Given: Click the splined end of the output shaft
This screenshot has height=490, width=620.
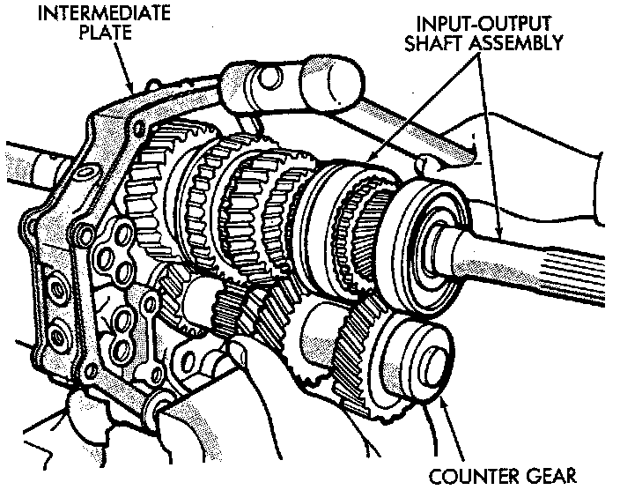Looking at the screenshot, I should [564, 264].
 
